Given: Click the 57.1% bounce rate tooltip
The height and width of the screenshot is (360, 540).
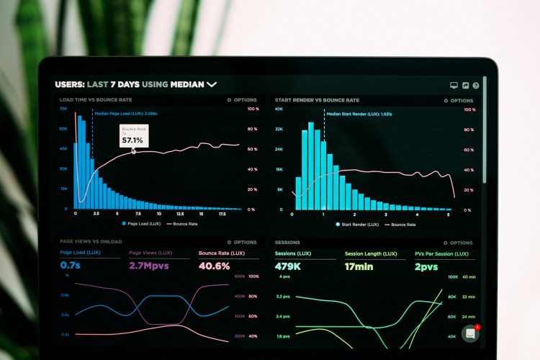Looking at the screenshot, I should (x=133, y=136).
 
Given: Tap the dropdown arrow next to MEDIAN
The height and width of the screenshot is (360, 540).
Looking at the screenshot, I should (x=212, y=84).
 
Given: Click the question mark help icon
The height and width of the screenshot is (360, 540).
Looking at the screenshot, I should (x=476, y=85).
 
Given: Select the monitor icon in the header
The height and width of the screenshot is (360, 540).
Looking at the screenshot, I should (x=454, y=85).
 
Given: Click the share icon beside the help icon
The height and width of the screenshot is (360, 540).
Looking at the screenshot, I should (x=465, y=85).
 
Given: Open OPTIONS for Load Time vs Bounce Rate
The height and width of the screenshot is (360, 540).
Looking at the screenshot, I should (x=242, y=100).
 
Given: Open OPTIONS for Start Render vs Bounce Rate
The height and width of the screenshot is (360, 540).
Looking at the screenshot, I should (x=458, y=101).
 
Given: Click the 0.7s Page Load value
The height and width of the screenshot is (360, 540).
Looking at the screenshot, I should (x=70, y=266).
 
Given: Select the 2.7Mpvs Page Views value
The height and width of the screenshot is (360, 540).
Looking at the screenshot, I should (x=150, y=266).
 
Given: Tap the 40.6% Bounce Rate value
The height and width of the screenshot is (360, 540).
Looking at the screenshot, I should (x=214, y=266).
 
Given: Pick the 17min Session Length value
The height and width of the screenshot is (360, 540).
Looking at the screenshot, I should (x=359, y=266).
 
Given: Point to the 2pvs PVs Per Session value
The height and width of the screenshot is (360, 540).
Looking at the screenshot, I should (x=426, y=266).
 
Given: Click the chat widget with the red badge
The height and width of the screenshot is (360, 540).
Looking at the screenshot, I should (x=471, y=333).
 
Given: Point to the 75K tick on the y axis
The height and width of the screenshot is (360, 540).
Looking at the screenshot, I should (x=63, y=109).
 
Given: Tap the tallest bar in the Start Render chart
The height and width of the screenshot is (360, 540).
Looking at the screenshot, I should (x=311, y=166).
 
